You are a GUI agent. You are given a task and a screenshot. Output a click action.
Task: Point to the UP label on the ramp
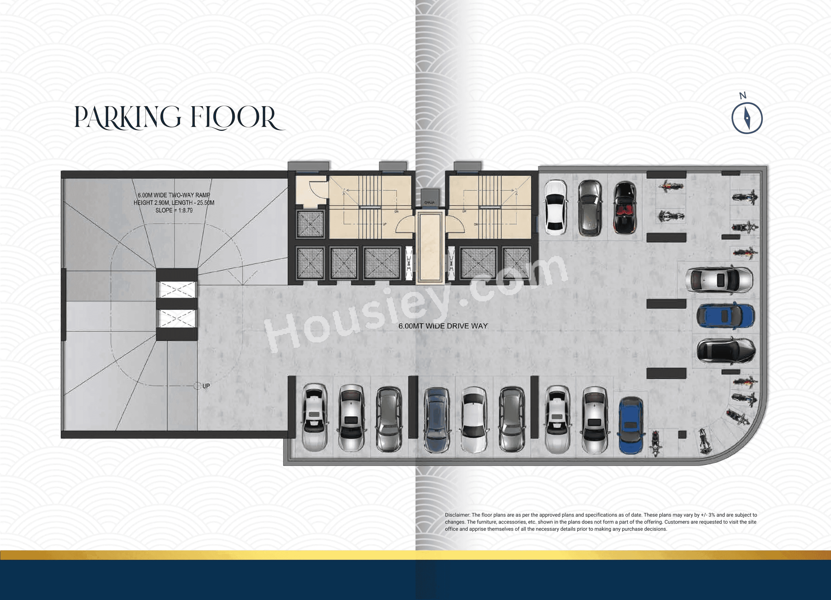pos(206,386)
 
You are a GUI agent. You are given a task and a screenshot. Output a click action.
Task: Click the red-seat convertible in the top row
pos(625,208)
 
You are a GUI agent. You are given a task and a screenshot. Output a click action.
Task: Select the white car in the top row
pos(555,208)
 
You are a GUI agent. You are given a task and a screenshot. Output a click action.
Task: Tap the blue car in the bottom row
pos(631,425)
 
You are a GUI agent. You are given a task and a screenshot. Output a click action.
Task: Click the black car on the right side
pos(726,351)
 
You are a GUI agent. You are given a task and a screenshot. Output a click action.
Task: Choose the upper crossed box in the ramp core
pos(177,290)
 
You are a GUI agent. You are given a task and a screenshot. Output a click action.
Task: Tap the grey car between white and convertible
pos(590,208)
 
